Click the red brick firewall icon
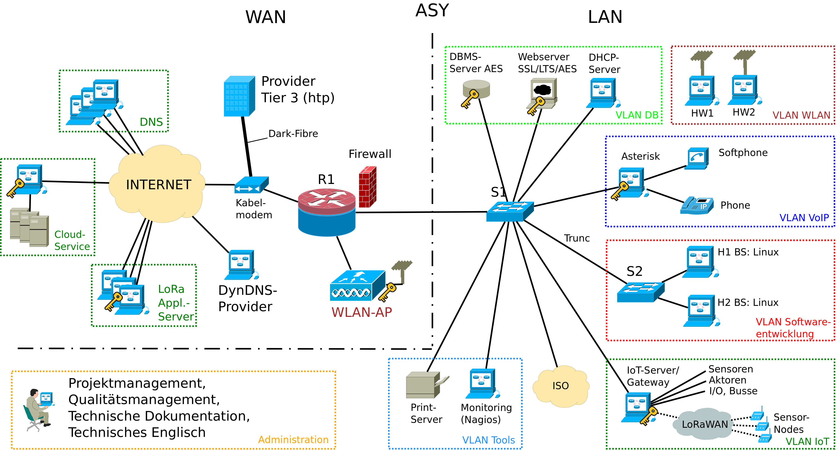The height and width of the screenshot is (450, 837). [x=368, y=187]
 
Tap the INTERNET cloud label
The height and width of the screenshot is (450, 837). [x=159, y=185]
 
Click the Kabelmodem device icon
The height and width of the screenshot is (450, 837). [x=251, y=185]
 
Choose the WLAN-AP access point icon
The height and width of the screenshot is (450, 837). [x=357, y=286]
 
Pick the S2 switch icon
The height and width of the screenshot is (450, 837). [x=640, y=292]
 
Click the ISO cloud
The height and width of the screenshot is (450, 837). [x=560, y=386]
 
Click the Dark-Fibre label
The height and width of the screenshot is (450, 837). [x=293, y=134]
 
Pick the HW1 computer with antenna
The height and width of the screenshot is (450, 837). [x=701, y=89]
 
